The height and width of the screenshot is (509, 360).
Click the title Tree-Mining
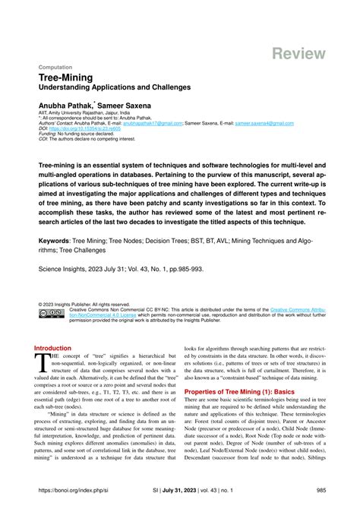68,78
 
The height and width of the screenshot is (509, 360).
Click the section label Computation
55,66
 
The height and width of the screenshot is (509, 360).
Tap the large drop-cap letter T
42,362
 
